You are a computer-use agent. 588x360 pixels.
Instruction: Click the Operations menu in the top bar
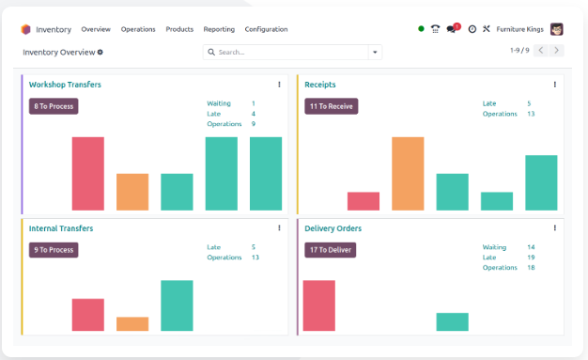138,29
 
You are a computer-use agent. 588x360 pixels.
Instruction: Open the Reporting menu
219,29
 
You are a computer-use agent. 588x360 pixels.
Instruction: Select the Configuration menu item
266,29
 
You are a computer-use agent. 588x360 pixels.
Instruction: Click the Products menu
179,29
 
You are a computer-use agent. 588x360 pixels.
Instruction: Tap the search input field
286,53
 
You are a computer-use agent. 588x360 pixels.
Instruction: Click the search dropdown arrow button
375,53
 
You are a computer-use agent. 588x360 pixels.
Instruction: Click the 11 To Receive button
332,106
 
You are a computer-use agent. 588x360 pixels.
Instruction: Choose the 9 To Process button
54,250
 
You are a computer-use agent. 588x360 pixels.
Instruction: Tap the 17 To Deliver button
331,250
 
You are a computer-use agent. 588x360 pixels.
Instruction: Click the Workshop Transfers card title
65,85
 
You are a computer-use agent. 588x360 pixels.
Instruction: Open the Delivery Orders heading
333,228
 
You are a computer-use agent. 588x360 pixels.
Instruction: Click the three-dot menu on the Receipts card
554,85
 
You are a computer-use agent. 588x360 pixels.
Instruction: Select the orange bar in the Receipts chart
408,174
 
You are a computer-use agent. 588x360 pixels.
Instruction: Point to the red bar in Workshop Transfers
88,174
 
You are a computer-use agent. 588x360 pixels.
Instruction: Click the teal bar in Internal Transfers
177,305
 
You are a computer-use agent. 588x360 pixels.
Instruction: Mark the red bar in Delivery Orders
319,305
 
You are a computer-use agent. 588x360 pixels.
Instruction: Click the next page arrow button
556,51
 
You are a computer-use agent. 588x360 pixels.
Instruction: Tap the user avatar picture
557,29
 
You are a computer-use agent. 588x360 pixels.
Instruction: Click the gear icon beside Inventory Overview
101,53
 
